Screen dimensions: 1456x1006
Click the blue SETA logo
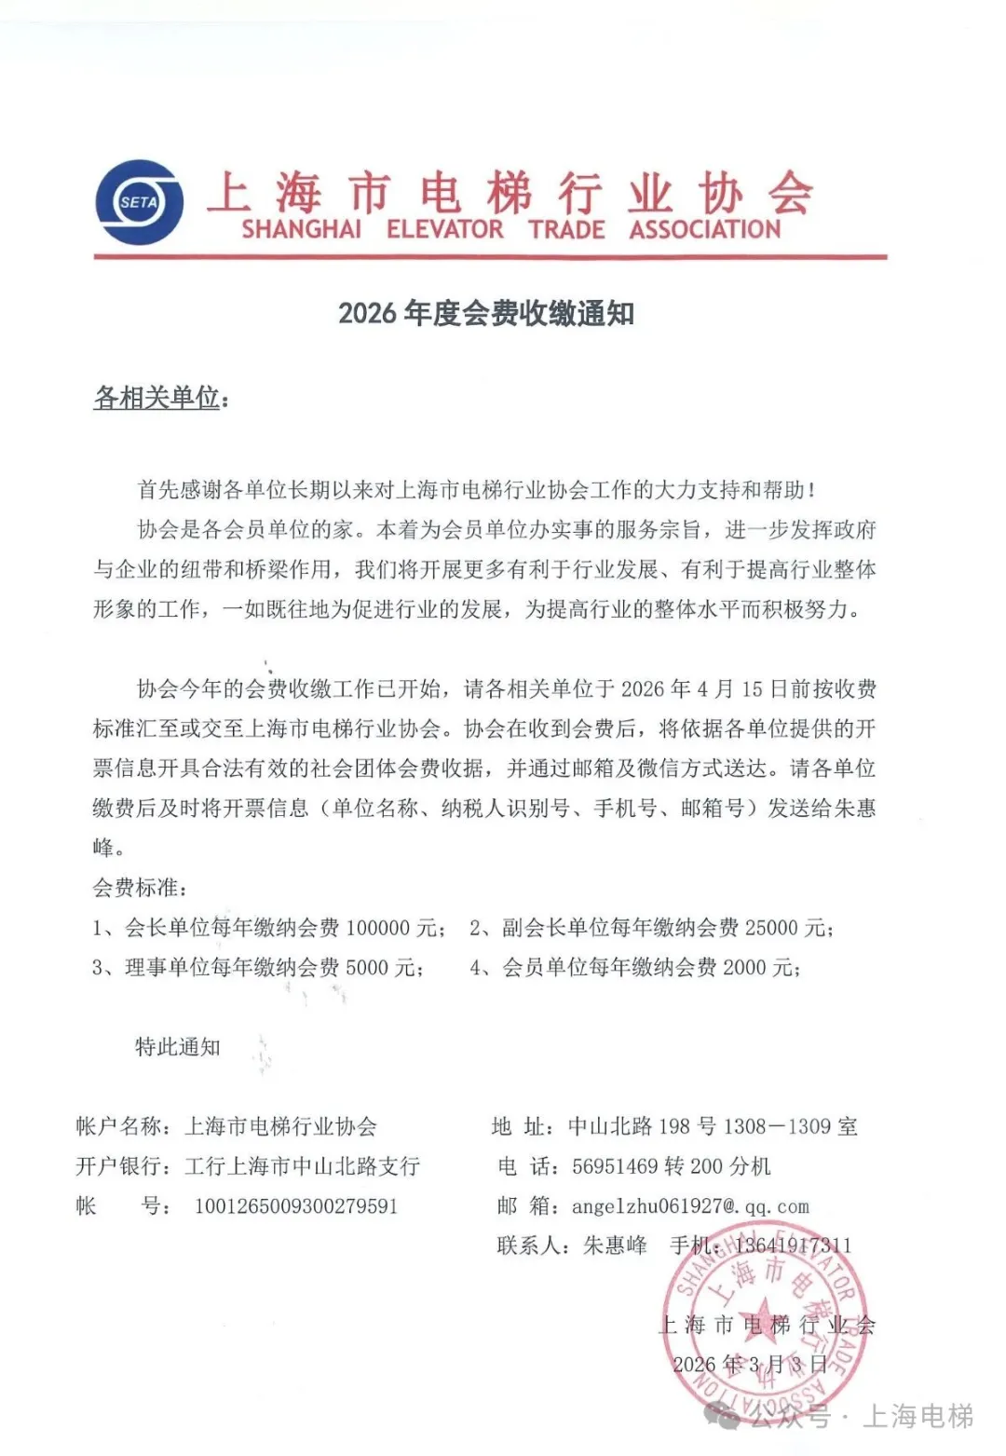pos(139,202)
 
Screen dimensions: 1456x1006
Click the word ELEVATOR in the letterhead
pos(444,229)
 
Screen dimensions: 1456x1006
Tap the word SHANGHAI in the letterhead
pos(301,229)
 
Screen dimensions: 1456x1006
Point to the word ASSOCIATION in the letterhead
pos(704,229)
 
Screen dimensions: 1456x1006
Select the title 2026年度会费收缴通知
pos(486,313)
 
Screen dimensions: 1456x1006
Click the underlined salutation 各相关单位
pos(157,398)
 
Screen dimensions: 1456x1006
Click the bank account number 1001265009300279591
pos(296,1206)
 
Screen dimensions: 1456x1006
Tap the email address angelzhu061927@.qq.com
pos(690,1206)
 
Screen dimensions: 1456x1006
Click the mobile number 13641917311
pos(793,1245)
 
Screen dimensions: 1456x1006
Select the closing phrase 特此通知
pos(178,1047)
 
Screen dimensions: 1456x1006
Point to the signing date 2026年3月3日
pos(750,1365)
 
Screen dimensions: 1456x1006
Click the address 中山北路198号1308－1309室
pos(713,1127)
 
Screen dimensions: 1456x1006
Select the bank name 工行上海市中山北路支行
pos(303,1166)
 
